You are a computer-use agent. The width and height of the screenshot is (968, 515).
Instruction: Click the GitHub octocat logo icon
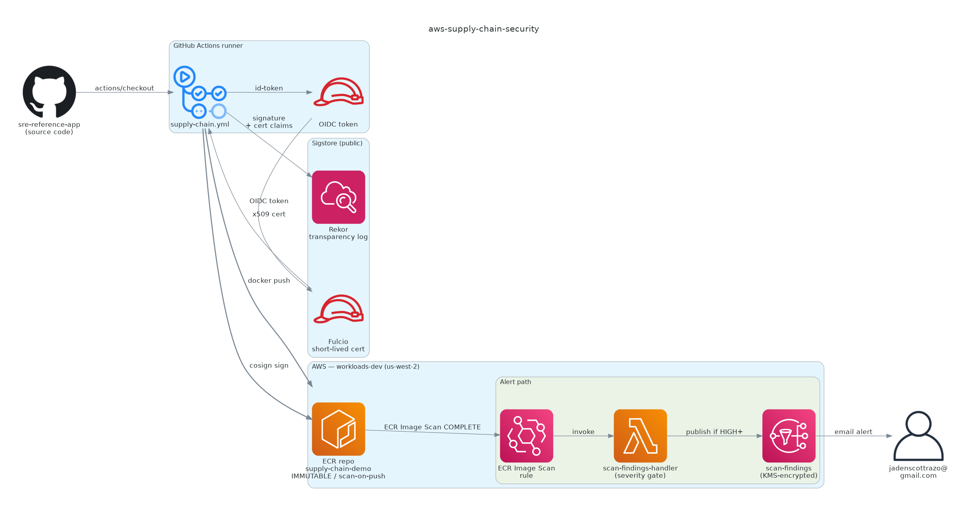(49, 92)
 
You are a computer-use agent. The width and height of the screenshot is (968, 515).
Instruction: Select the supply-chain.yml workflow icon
(200, 92)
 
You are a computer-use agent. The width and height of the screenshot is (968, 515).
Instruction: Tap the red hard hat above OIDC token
(338, 92)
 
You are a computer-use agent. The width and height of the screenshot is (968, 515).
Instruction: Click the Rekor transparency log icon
(338, 197)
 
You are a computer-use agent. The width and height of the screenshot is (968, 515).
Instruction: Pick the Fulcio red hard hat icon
(338, 309)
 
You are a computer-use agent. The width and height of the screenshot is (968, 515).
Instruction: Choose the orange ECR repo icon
(338, 429)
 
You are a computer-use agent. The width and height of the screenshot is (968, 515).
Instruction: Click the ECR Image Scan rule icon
(526, 436)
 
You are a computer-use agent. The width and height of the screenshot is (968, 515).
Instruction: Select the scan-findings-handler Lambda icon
(640, 436)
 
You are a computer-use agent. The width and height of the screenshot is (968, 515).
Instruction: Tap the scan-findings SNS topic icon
(789, 436)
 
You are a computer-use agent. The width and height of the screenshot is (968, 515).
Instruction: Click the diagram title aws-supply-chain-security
(484, 29)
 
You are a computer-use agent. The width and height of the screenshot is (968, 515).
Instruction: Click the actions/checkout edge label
(124, 88)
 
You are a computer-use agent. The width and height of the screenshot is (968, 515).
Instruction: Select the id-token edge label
(269, 88)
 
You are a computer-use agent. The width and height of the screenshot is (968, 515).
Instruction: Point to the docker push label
(269, 281)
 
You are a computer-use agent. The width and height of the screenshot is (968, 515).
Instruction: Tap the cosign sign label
(269, 366)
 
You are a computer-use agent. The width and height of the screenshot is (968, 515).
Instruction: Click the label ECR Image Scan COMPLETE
(432, 427)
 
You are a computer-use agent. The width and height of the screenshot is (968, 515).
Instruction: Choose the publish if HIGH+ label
(714, 432)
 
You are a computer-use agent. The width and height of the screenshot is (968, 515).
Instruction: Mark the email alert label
(853, 432)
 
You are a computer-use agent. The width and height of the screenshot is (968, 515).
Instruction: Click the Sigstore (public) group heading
(337, 143)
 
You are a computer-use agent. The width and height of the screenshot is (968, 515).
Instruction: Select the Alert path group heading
(515, 382)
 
